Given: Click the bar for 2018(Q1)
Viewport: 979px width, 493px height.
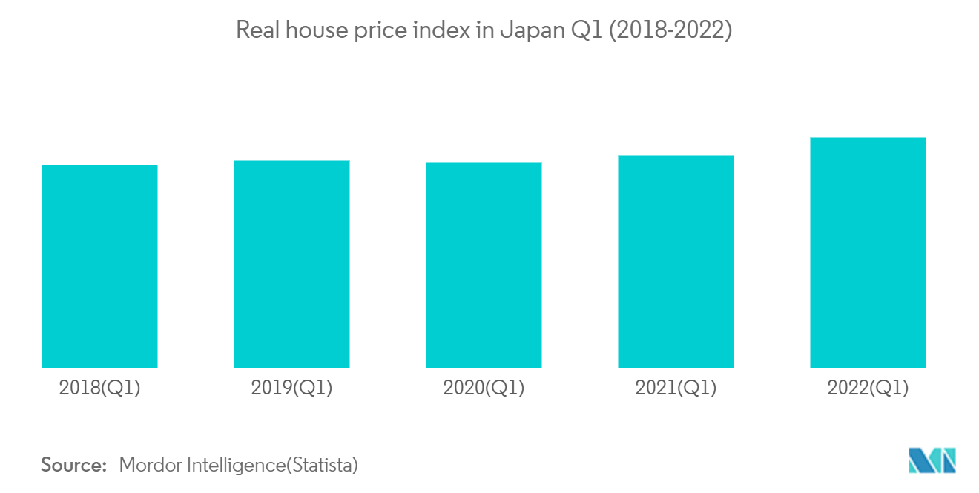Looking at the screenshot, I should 99,266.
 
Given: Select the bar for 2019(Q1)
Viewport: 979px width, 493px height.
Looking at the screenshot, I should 291,264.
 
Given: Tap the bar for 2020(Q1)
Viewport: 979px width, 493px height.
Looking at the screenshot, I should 484,265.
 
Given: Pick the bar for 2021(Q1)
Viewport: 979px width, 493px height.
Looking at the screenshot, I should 676,262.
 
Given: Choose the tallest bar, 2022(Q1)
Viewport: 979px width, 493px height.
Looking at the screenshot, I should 868,253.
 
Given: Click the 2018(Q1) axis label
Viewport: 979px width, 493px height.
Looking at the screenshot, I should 99,388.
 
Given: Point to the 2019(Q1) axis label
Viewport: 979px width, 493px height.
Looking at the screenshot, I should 291,388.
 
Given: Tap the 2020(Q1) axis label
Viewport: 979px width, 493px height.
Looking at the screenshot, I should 484,388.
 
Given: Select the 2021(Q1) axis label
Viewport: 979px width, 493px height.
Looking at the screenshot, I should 676,388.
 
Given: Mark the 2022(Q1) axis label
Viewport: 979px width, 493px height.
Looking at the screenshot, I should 868,388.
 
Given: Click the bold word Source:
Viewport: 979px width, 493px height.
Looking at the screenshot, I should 74,466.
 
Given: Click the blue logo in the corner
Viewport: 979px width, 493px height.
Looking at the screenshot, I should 932,460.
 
